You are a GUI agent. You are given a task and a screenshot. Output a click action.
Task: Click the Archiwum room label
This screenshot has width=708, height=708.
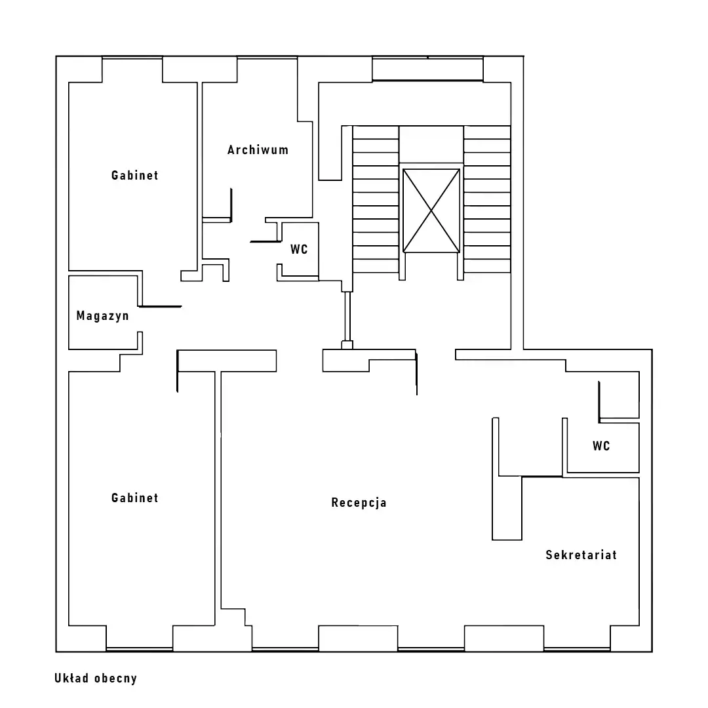click(258, 150)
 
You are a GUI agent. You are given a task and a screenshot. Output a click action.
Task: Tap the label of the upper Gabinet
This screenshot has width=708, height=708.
click(134, 175)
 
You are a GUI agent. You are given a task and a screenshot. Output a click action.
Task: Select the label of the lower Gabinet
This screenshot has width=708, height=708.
click(134, 498)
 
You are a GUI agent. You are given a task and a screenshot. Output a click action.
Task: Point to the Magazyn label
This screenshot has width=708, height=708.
click(102, 316)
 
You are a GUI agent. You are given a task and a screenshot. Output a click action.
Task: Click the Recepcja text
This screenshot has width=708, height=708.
click(359, 503)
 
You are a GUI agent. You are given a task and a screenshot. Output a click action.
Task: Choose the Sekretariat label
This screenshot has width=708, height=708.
click(581, 555)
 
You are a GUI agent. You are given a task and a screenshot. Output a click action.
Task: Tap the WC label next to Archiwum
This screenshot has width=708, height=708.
click(299, 249)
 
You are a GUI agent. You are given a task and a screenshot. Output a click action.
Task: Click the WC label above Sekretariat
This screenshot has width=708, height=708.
click(601, 446)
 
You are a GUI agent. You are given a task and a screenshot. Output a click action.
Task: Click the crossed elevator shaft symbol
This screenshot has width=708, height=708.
click(431, 210)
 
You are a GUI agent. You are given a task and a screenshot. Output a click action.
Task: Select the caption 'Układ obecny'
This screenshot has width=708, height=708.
click(96, 678)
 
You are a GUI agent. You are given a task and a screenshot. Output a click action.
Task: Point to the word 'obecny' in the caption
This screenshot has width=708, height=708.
click(115, 678)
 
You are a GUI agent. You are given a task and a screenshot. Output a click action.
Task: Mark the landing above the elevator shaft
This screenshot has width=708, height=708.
click(431, 144)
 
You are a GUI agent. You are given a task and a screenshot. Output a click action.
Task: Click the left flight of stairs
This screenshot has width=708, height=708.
click(376, 199)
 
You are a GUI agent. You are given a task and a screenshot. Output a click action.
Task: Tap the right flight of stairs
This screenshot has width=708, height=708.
click(487, 199)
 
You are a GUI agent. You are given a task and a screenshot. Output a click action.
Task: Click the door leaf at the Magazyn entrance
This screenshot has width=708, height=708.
click(160, 307)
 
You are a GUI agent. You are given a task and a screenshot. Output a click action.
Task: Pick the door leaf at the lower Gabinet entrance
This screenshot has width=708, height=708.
click(178, 371)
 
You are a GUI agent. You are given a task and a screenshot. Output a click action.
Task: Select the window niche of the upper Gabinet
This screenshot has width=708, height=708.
click(132, 69)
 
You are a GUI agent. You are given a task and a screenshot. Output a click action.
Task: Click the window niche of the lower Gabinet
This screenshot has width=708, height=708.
click(140, 638)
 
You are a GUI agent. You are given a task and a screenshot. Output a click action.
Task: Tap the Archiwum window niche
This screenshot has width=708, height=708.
click(267, 69)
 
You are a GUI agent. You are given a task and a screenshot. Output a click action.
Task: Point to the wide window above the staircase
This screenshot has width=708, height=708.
click(427, 69)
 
